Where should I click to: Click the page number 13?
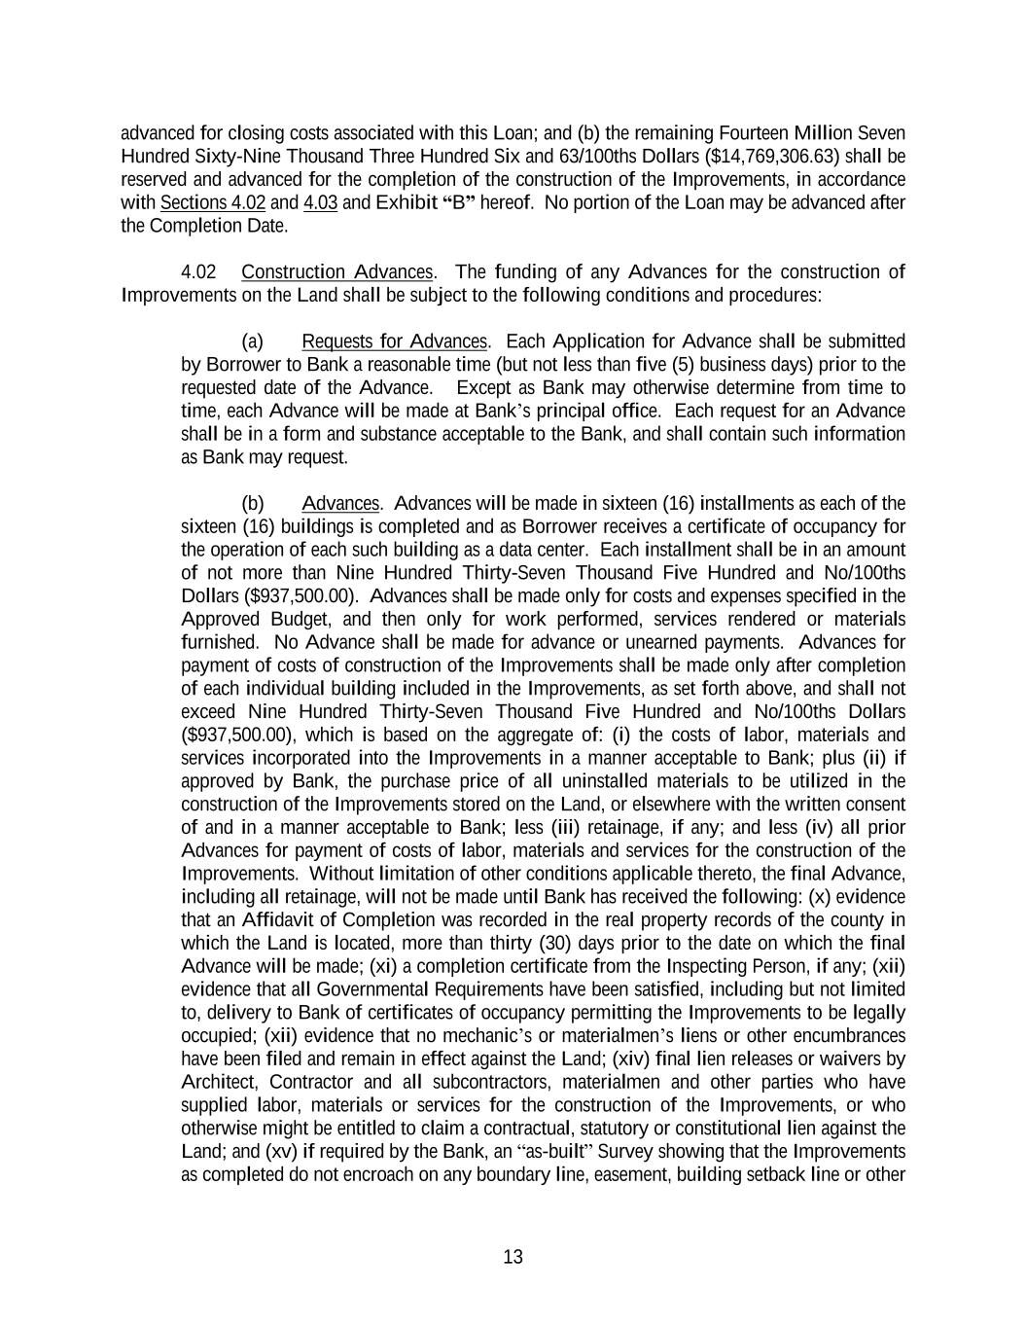tap(513, 1257)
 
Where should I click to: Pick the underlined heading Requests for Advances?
tap(394, 341)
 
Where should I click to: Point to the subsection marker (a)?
tap(252, 341)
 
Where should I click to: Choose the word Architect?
tap(221, 1082)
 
